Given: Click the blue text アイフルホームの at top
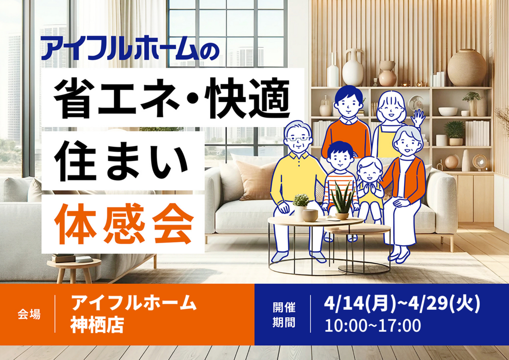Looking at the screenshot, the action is coord(130,48).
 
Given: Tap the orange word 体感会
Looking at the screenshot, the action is coord(124,224).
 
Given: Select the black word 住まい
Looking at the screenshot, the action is coord(121,161).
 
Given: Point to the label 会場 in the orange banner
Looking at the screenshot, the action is coord(29,314).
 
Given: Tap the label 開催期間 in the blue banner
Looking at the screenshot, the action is coord(284,315).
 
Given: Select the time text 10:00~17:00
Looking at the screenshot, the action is coord(373,326).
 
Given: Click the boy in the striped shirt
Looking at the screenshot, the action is coord(340,182).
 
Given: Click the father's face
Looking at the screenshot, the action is coord(348,105).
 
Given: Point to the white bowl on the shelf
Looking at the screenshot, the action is coord(448,111).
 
